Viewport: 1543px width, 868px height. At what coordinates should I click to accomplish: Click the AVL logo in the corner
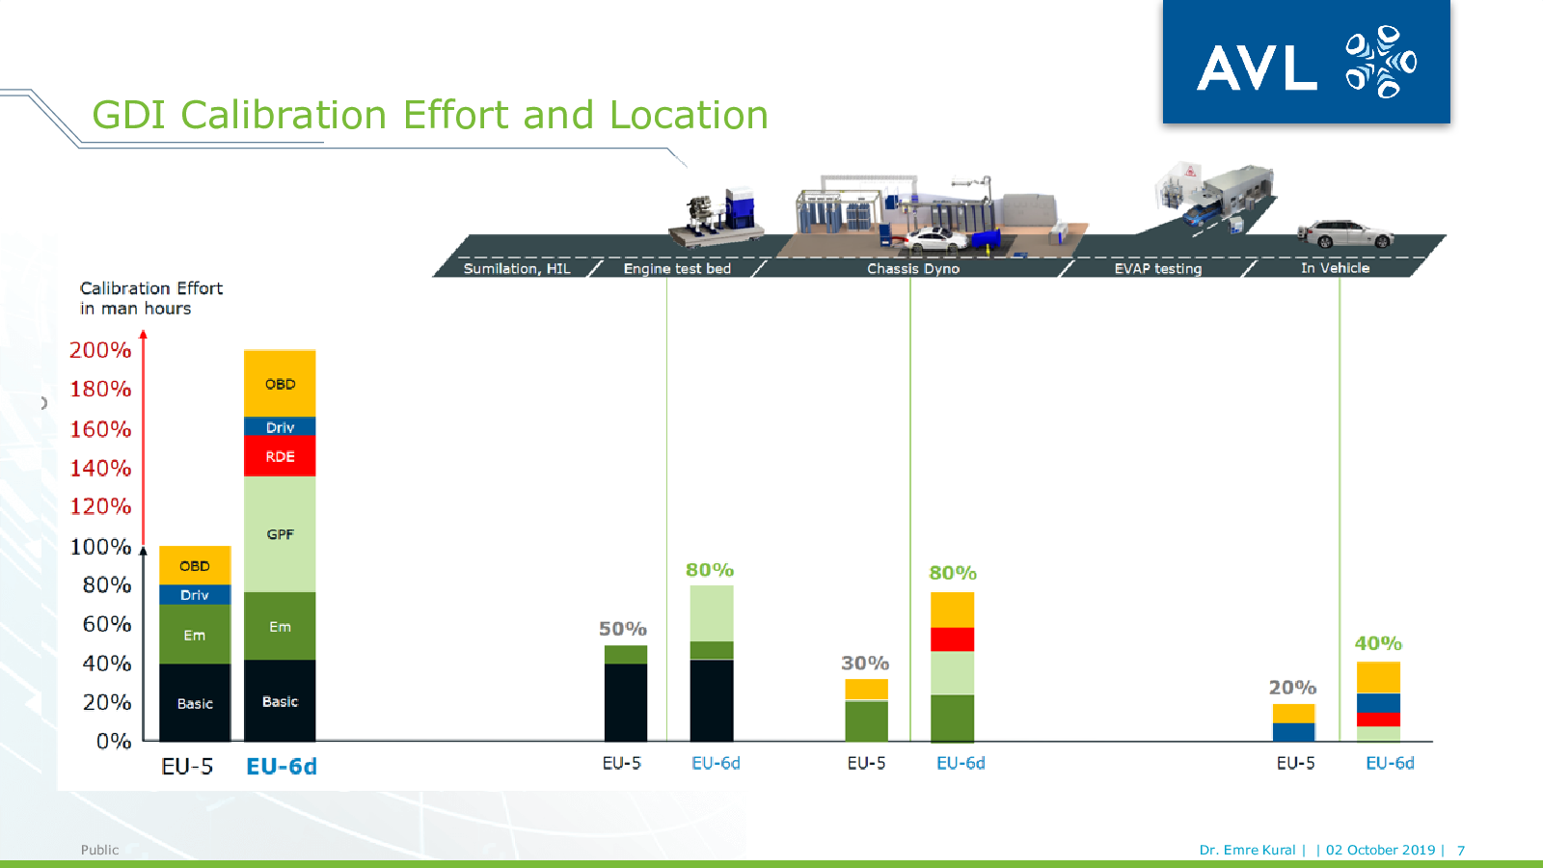(x=1306, y=62)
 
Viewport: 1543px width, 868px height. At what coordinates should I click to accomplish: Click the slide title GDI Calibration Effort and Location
(x=430, y=115)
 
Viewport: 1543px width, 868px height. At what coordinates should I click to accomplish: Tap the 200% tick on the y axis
(x=100, y=350)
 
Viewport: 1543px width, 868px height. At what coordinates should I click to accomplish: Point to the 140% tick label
(x=100, y=469)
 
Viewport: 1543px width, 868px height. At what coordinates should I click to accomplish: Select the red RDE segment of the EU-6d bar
(x=280, y=456)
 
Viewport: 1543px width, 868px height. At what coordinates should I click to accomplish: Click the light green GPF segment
(x=280, y=534)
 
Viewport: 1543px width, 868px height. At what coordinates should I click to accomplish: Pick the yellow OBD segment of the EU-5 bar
(x=195, y=565)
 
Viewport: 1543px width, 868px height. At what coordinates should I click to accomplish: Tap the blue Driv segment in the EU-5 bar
(x=195, y=594)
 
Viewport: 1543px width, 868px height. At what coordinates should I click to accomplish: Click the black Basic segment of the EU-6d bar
(x=280, y=700)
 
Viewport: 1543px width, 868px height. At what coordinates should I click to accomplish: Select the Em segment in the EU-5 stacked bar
(x=195, y=635)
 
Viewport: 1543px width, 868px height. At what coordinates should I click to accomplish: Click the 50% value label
(x=623, y=629)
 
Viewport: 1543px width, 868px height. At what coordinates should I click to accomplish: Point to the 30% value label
(x=865, y=664)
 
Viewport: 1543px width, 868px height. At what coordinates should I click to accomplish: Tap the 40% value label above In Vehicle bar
(x=1378, y=643)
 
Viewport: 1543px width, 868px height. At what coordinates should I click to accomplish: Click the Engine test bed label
(x=677, y=269)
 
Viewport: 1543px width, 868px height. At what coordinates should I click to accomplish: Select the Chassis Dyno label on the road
(x=913, y=269)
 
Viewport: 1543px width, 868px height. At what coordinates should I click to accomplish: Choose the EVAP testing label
(x=1158, y=269)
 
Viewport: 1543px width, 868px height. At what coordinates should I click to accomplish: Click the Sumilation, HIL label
(x=517, y=269)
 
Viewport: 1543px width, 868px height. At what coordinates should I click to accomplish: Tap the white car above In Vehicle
(x=1346, y=233)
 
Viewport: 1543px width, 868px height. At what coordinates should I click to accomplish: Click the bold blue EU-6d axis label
(x=282, y=766)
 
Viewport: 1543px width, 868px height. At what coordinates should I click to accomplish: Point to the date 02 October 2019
(x=1380, y=850)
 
